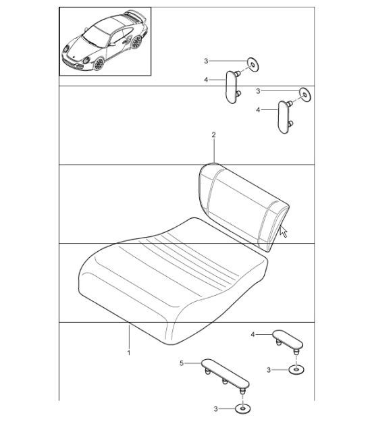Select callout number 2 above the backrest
(213, 135)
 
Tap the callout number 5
(180, 363)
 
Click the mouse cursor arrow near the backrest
(283, 231)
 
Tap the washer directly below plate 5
(242, 408)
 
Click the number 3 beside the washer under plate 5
(217, 408)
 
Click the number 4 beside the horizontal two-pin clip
(253, 334)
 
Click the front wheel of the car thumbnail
(99, 64)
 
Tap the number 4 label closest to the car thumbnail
(205, 79)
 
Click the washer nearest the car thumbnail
(252, 64)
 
